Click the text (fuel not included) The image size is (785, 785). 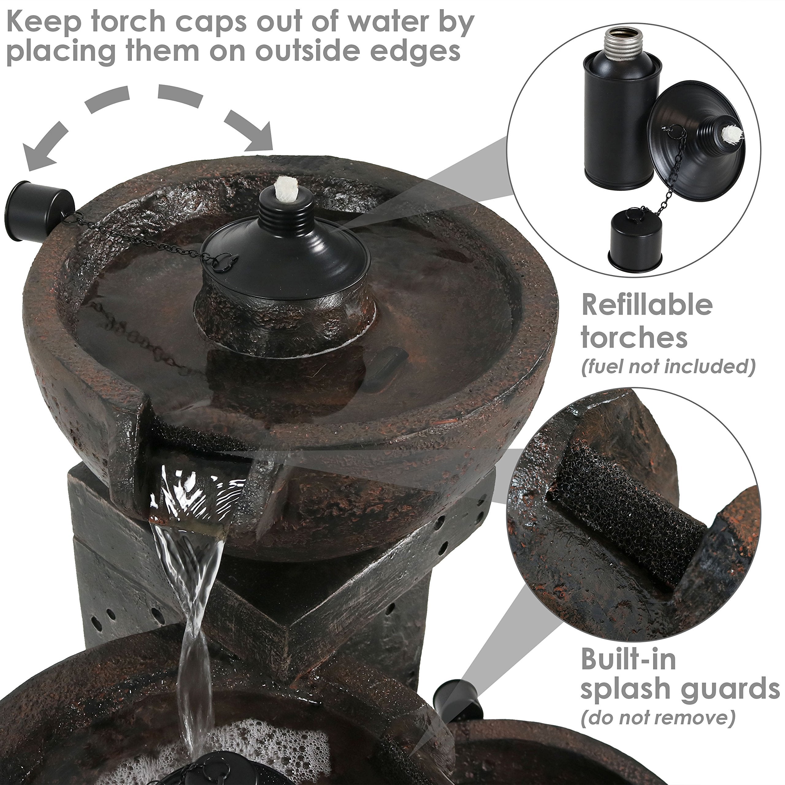click(668, 366)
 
